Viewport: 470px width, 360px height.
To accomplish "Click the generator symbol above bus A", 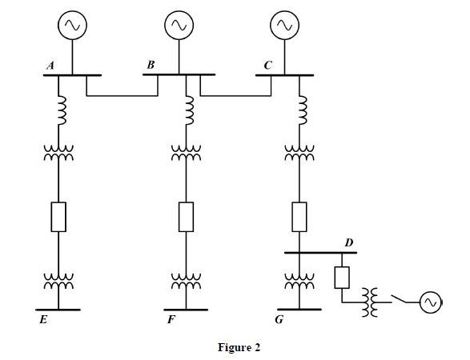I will [73, 26].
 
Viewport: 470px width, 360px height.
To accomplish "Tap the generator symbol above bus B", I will [178, 26].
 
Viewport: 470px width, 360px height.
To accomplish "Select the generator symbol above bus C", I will [284, 26].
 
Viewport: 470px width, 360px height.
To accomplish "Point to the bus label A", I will [50, 66].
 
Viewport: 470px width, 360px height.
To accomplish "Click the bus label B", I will [151, 66].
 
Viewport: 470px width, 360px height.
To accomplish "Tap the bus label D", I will [349, 242].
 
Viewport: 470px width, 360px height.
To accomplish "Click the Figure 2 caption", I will [239, 347].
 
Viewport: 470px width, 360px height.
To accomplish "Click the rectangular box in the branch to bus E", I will [58, 217].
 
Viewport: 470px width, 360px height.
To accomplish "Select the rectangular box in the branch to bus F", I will [186, 217].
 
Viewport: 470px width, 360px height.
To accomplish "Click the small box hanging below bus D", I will [341, 276].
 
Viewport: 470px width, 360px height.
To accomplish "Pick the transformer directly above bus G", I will [299, 282].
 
